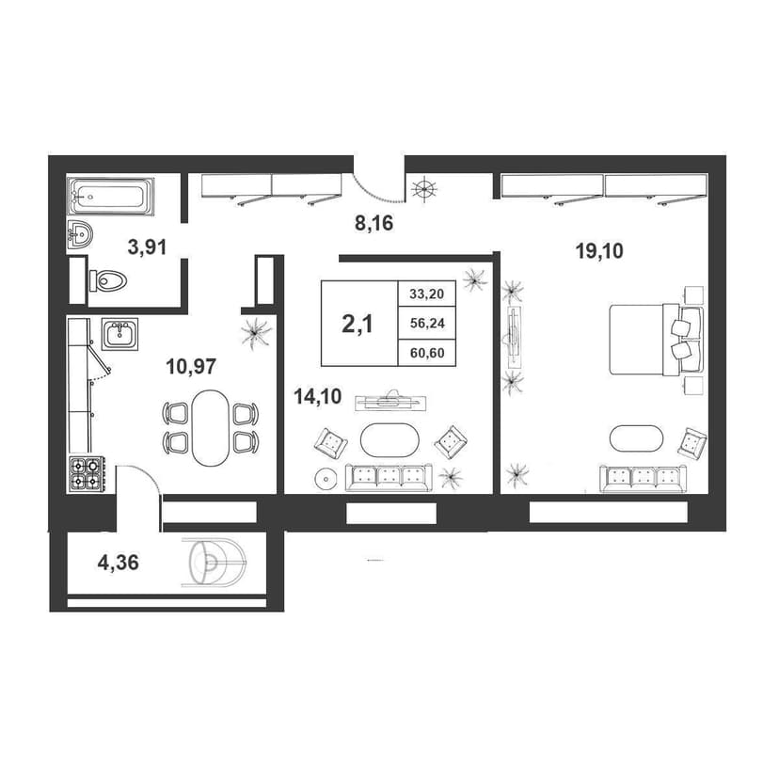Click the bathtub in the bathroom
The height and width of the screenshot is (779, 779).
coord(110,197)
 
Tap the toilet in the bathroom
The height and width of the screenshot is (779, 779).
coord(108,280)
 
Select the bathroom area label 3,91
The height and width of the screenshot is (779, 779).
coord(147,246)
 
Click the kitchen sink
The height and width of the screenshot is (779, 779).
coord(119,334)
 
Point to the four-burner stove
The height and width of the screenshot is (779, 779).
coord(86,474)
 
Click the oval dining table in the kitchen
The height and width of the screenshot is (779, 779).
coord(211,428)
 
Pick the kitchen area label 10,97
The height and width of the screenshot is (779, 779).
coord(191,367)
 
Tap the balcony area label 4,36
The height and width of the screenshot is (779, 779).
coord(119,563)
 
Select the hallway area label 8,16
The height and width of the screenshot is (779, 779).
coord(374,224)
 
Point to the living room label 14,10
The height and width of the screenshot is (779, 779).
coord(318,396)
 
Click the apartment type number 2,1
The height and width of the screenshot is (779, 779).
coord(358,325)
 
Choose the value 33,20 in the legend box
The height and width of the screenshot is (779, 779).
coord(427,294)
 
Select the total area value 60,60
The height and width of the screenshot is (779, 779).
coord(427,354)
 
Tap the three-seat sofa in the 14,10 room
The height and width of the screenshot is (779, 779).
coord(389,477)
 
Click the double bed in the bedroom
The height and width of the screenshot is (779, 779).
coord(657,340)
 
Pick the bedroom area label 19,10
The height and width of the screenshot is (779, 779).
coord(599,251)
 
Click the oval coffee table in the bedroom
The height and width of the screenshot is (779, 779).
coord(636,438)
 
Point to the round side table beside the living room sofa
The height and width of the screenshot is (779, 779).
coord(326,480)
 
